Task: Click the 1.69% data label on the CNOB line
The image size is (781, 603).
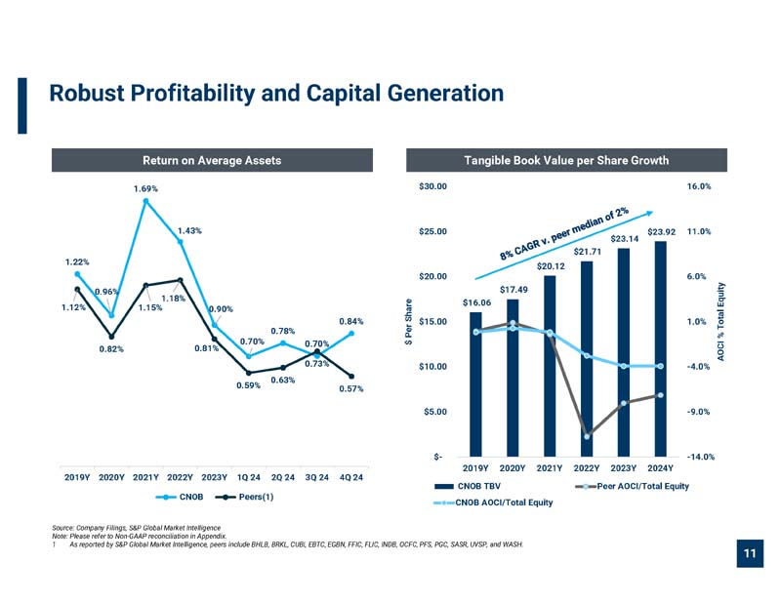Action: coord(145,188)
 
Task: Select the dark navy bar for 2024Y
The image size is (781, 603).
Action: coord(661,349)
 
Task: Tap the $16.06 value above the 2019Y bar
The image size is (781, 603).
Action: coord(476,302)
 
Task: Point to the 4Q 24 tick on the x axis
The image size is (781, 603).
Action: coord(351,477)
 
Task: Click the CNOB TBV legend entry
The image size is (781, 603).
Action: coord(468,486)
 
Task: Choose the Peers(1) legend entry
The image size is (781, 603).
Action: coord(244,497)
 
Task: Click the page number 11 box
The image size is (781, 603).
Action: coord(750,553)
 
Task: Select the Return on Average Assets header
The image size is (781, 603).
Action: coord(212,160)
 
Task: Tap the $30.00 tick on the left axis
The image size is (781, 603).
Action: coord(432,186)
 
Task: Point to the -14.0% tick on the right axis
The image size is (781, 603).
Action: coord(700,457)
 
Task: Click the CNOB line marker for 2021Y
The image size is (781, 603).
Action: coord(145,201)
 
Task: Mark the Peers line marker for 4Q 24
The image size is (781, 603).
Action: coord(351,377)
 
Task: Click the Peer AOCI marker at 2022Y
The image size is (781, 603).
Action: coord(587,437)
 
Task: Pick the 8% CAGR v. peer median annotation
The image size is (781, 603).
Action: coord(564,233)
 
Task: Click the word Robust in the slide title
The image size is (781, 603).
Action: coord(87,93)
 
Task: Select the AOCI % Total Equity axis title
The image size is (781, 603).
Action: coord(720,322)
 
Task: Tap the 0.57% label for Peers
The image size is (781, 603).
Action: coord(351,388)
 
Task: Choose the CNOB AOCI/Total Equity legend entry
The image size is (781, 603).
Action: coord(494,502)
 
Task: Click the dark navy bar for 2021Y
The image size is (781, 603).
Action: coord(550,366)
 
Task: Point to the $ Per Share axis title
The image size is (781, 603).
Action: coord(408,322)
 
